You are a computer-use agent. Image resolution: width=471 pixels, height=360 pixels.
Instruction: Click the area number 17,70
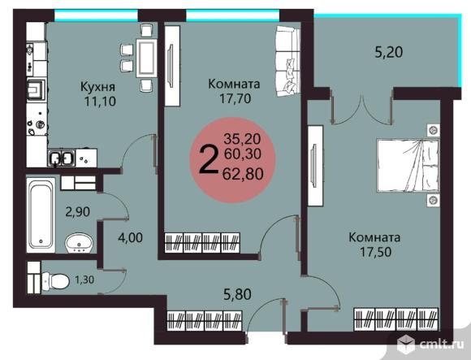click(x=233, y=100)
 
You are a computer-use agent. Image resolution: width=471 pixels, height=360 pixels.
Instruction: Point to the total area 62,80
click(x=244, y=172)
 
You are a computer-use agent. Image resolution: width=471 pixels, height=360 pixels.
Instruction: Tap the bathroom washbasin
click(x=78, y=241)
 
